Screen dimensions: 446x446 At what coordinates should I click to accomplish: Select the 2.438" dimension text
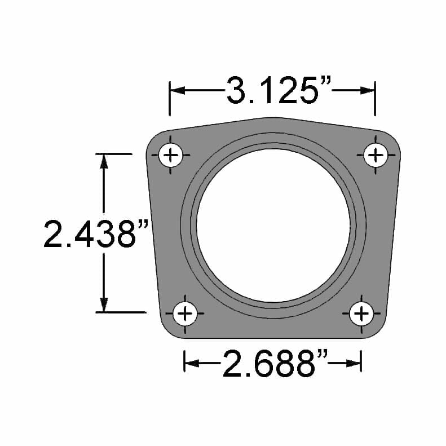click(x=96, y=232)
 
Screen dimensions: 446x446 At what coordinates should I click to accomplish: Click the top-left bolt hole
click(x=171, y=154)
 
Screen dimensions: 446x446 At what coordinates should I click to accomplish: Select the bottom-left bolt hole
click(x=185, y=312)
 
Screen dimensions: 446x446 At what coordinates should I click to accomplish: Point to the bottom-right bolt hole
click(x=361, y=312)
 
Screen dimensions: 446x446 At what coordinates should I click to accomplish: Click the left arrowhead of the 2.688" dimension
click(x=191, y=363)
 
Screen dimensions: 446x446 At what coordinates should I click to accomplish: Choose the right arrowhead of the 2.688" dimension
click(x=355, y=363)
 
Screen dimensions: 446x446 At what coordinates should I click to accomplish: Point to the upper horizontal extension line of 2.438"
click(x=113, y=153)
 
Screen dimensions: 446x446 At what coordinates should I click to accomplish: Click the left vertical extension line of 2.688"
click(x=184, y=361)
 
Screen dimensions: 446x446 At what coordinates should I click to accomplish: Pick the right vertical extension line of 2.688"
click(x=361, y=361)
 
